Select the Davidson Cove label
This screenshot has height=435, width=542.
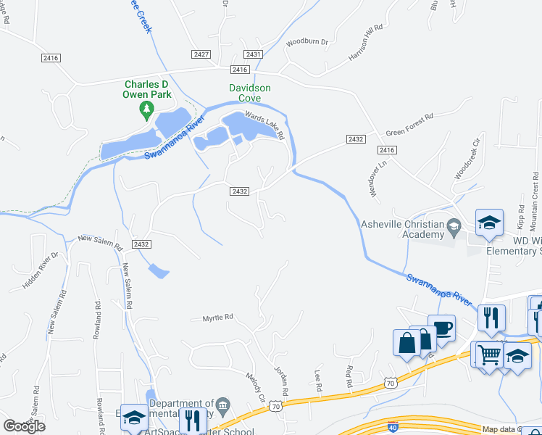[x=250, y=93]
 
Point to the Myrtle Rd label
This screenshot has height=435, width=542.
[x=217, y=318]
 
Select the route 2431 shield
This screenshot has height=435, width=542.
[x=253, y=54]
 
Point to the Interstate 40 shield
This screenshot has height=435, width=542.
[x=393, y=427]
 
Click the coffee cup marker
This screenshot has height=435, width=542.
[x=441, y=327]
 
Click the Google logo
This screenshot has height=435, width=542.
[x=25, y=426]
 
